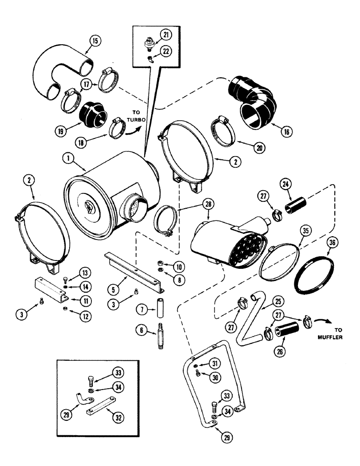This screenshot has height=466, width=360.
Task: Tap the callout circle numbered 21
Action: click(x=167, y=33)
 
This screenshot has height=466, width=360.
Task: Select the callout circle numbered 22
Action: click(x=167, y=51)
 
